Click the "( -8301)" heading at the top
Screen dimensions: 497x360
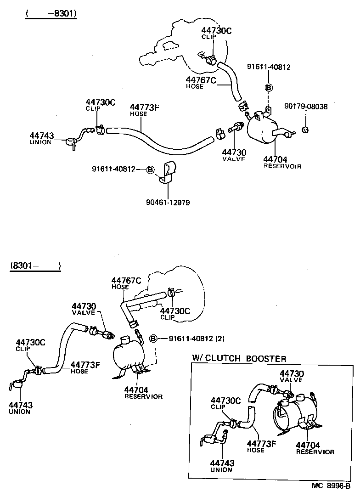[x=51, y=14]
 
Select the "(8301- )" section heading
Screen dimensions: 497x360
[x=35, y=265]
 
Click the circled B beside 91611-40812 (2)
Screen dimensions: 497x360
[x=153, y=339]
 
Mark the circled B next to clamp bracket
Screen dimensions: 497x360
[x=150, y=169]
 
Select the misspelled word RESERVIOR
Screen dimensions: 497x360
[x=143, y=396]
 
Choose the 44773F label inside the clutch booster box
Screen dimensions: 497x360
[x=262, y=443]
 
